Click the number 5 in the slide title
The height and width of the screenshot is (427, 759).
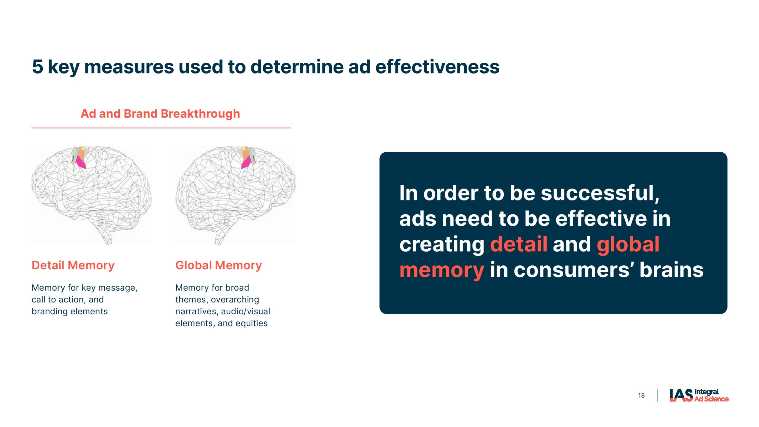(x=38, y=66)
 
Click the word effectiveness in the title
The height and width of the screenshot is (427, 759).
(x=437, y=66)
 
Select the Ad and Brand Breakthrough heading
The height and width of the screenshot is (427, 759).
(x=160, y=114)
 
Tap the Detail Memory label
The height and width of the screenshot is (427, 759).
(x=73, y=265)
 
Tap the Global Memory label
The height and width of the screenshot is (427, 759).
(x=219, y=265)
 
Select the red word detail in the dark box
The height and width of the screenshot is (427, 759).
(x=519, y=244)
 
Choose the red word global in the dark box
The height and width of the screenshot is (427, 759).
(x=628, y=244)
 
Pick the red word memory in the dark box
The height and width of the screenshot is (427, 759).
(x=442, y=270)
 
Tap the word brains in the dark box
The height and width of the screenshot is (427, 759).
(x=671, y=270)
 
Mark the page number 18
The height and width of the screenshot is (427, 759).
(x=641, y=396)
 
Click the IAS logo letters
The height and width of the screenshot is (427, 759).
(x=681, y=395)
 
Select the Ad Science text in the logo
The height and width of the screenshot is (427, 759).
(x=711, y=399)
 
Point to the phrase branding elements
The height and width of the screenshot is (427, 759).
(x=70, y=312)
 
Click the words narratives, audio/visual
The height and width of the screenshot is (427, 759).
(x=223, y=312)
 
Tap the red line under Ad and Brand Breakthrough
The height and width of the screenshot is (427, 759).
(x=161, y=128)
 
